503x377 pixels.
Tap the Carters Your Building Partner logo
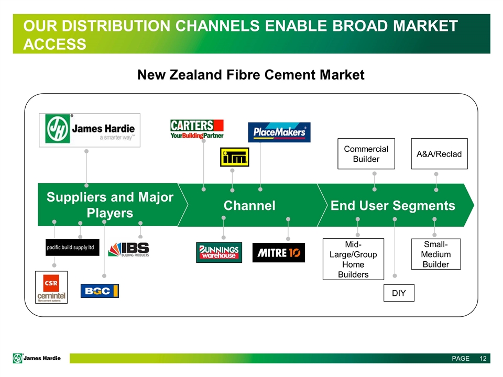(197, 129)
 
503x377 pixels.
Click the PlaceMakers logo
(279, 132)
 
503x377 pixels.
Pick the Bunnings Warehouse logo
(219, 252)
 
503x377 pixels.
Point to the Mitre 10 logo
(278, 253)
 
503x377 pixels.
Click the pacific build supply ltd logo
(72, 247)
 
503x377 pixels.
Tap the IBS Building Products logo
(129, 249)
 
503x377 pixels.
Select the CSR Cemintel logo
(51, 287)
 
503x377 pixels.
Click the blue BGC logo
(100, 291)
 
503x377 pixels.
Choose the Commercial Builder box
(366, 154)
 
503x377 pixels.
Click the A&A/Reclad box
(439, 154)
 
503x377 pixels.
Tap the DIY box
(399, 293)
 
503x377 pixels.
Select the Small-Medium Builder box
(436, 254)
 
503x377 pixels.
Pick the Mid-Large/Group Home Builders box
(353, 259)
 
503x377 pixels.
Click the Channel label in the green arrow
(249, 206)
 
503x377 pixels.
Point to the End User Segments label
(393, 206)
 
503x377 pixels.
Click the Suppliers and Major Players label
(110, 205)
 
